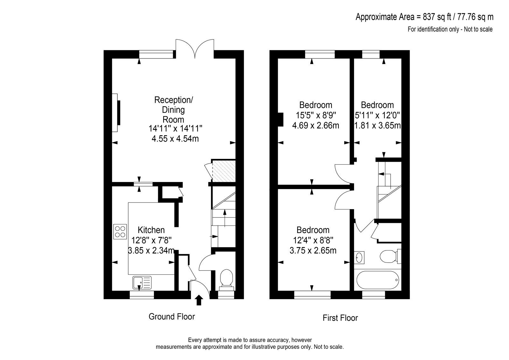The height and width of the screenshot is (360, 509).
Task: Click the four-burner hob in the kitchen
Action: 120,231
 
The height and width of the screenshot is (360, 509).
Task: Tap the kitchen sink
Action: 142,282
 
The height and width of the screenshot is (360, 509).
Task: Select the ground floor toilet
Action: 226,280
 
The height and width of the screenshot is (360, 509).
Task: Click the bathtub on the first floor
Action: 378,280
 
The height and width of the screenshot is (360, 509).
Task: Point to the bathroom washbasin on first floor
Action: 359,258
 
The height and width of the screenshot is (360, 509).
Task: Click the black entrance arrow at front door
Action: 199,300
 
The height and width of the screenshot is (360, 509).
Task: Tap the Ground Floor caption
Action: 172,317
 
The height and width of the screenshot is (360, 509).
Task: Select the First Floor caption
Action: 340,318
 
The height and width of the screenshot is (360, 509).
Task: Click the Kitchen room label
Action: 151,230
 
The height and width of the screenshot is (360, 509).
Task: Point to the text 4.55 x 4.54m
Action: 175,138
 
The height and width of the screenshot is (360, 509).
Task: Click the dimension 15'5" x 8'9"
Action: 316,115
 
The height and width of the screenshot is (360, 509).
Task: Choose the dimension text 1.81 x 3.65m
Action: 377,125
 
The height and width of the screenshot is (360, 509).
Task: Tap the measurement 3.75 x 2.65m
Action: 313,251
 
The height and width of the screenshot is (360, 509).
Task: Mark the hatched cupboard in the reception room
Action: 223,171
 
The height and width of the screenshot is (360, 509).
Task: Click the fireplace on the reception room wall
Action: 116,113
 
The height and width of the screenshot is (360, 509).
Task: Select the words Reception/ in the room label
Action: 174,100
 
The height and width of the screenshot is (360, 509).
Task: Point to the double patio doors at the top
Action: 195,49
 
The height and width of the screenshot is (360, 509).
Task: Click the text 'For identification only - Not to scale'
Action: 450,29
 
